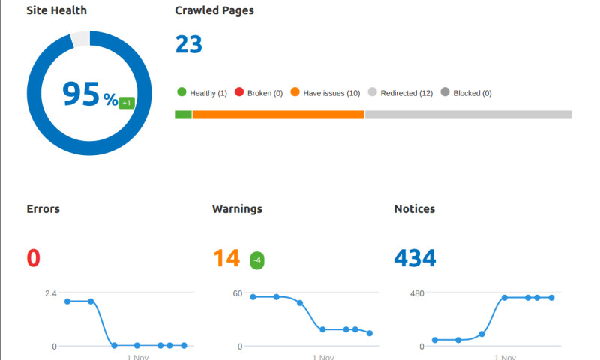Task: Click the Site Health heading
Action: tap(57, 11)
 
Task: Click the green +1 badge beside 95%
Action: tap(127, 102)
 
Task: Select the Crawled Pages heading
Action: tap(214, 11)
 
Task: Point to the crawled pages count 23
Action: tap(189, 44)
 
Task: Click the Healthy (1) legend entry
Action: tap(202, 93)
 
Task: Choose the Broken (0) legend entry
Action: tap(259, 93)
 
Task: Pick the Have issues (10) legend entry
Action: tap(325, 93)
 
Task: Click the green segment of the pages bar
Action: tap(184, 115)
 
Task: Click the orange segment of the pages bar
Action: tap(278, 115)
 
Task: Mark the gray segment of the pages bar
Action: tap(468, 115)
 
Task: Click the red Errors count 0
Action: tap(34, 258)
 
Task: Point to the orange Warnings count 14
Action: tap(226, 258)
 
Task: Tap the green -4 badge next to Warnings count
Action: tap(257, 260)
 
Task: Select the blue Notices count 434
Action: tap(415, 258)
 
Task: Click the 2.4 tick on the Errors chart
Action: tap(49, 293)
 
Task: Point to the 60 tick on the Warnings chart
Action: tap(237, 293)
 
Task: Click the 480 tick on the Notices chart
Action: tap(416, 293)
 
